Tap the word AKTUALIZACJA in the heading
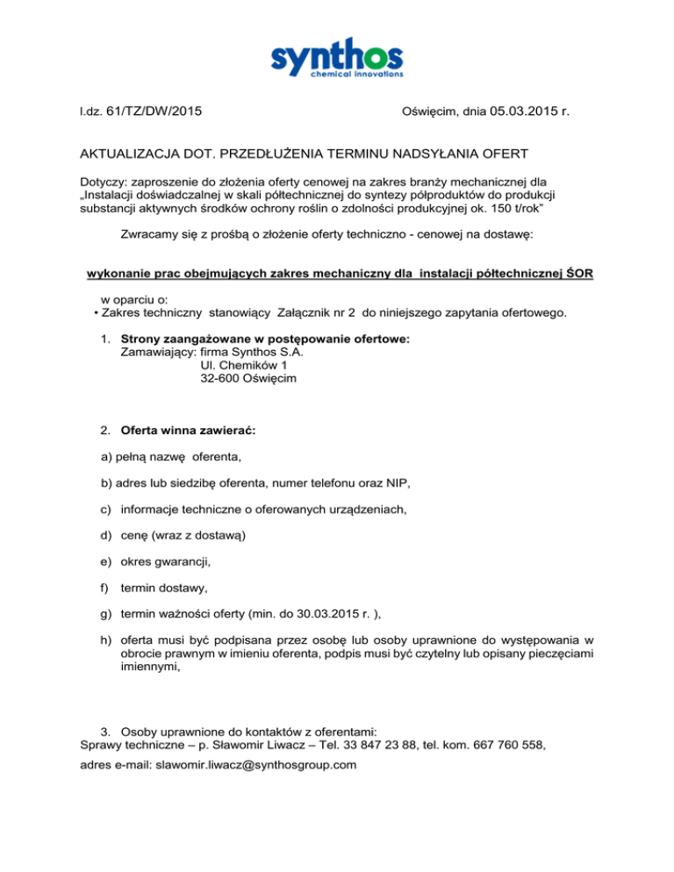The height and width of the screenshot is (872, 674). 131,154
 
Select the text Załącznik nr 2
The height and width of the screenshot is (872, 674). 317,313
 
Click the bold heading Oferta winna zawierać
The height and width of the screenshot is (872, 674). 187,432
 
